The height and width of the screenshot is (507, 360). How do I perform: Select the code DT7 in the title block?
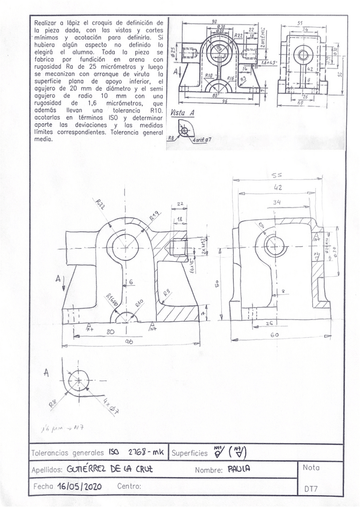click(x=310, y=489)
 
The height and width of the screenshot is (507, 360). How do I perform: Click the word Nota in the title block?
click(x=312, y=468)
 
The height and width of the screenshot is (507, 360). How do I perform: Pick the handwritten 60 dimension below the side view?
click(x=274, y=336)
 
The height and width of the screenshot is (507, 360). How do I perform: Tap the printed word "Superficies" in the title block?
click(x=190, y=454)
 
